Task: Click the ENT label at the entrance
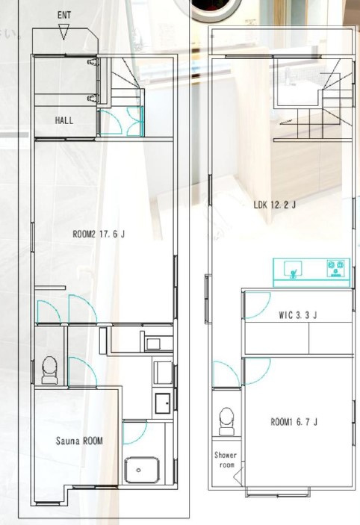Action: click(x=64, y=14)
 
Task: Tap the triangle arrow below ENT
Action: click(x=64, y=32)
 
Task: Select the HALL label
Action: click(x=64, y=119)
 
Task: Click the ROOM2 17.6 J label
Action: click(x=99, y=234)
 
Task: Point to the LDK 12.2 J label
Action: click(x=275, y=204)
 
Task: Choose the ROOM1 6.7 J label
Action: click(x=294, y=422)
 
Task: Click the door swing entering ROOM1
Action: click(x=255, y=368)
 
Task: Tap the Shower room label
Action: click(x=225, y=459)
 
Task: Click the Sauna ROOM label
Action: click(x=79, y=441)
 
